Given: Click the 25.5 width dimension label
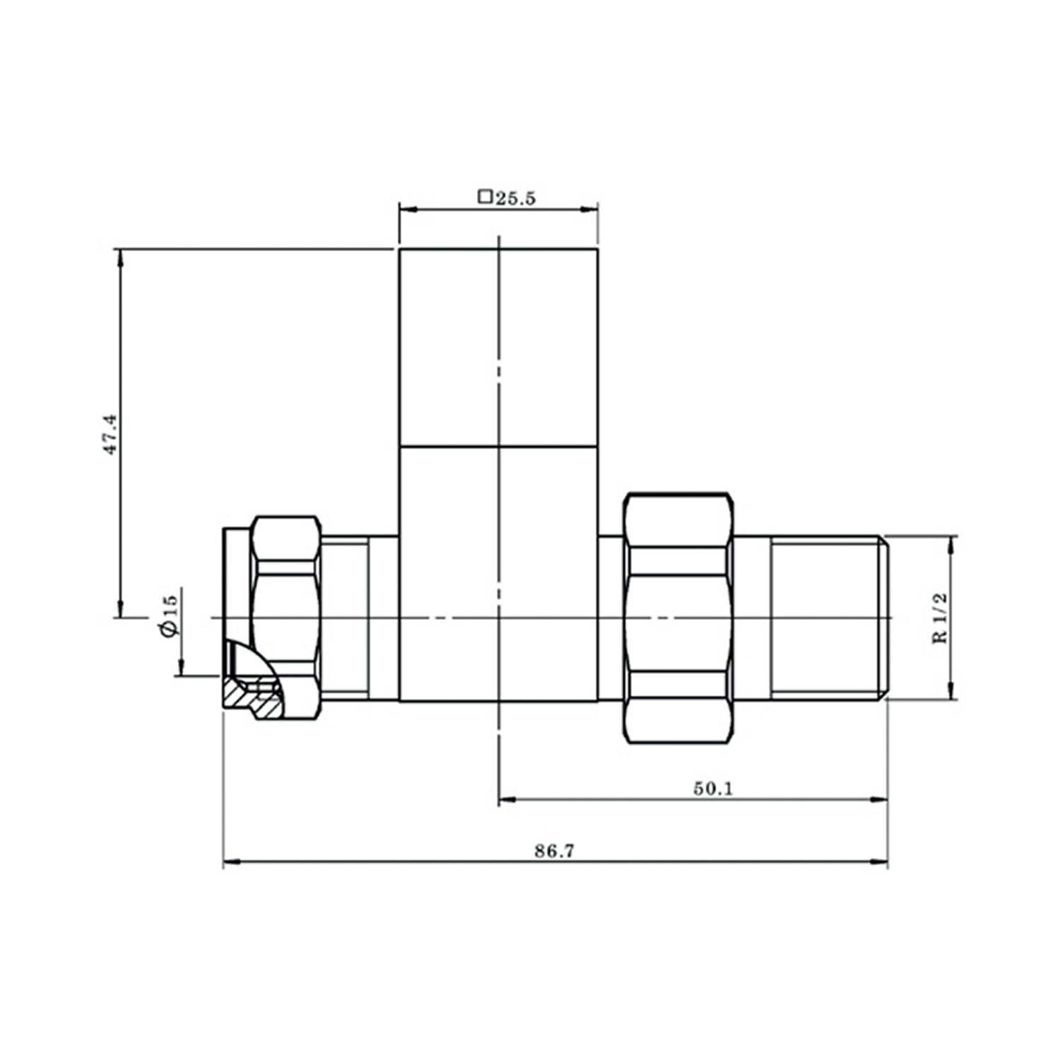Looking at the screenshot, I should pos(514,198).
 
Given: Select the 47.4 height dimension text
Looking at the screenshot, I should pos(111,434).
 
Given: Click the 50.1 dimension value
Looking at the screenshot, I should pos(712,789).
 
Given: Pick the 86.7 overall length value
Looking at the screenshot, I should pos(554,852).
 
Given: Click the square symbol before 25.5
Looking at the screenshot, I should pos(485,196).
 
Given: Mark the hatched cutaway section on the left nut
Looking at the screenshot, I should pos(251,696).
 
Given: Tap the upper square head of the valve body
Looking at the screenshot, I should pos(498,348).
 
